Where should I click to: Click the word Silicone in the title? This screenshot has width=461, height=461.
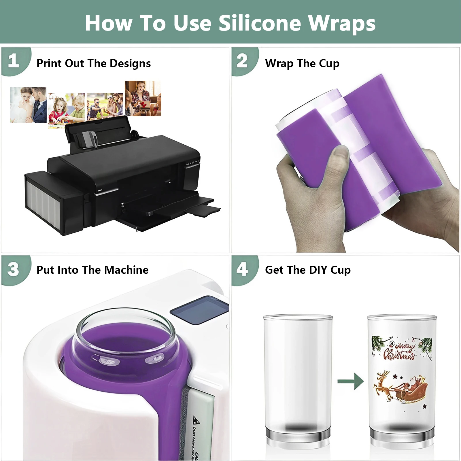click(x=260, y=23)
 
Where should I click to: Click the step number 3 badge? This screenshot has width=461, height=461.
click(x=14, y=269)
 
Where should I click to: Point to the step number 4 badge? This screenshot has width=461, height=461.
click(x=242, y=269)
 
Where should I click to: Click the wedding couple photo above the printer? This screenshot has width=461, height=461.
click(x=28, y=105)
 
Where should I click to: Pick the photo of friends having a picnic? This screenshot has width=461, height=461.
click(x=105, y=107)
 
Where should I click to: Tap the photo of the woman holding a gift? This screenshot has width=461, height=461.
click(x=143, y=98)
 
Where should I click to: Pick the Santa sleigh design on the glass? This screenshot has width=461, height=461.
click(x=400, y=388)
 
